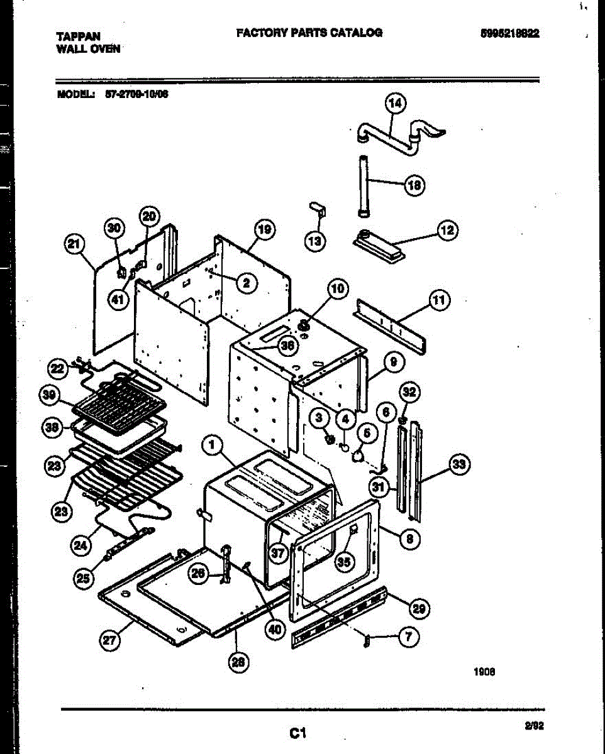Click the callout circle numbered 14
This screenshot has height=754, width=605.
click(396, 104)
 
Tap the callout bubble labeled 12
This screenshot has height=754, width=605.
click(448, 231)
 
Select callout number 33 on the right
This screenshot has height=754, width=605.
click(460, 464)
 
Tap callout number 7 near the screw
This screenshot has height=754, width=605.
click(409, 637)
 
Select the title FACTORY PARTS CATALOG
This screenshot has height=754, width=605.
click(309, 33)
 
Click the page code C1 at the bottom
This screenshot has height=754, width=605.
click(297, 732)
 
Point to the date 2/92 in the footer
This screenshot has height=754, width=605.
click(534, 726)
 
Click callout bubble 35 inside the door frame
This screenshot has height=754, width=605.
click(343, 562)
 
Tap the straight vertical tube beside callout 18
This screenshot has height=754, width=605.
click(364, 185)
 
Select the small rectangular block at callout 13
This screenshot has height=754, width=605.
click(316, 209)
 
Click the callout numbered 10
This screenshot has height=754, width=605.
click(337, 289)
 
